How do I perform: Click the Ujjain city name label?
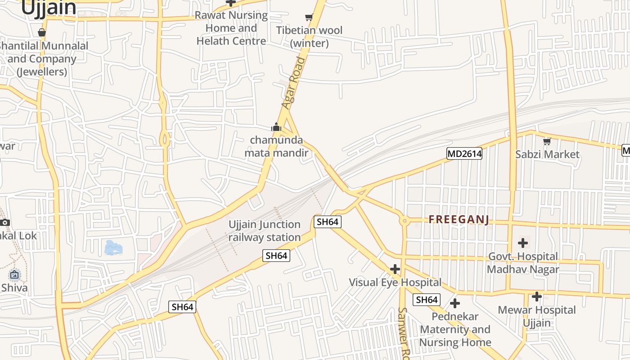pyautogui.click(x=49, y=8)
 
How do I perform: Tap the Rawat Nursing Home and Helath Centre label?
pyautogui.click(x=231, y=28)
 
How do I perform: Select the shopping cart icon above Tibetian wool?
pyautogui.click(x=309, y=18)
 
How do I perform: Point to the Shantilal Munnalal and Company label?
pyautogui.click(x=42, y=58)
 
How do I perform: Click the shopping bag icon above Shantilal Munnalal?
pyautogui.click(x=42, y=32)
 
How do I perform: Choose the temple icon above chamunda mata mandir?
pyautogui.click(x=276, y=127)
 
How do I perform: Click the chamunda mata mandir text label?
pyautogui.click(x=276, y=146)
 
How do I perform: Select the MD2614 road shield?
pyautogui.click(x=464, y=154)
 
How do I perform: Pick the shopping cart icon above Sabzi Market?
pyautogui.click(x=547, y=142)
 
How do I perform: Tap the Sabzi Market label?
pyautogui.click(x=547, y=154)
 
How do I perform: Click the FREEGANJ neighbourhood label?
pyautogui.click(x=459, y=220)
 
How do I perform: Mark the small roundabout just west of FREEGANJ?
pyautogui.click(x=405, y=220)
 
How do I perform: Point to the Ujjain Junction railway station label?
pyautogui.click(x=265, y=231)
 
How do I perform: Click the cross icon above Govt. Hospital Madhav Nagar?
pyautogui.click(x=522, y=243)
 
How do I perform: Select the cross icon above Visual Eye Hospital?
pyautogui.click(x=395, y=269)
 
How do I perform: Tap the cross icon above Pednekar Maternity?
pyautogui.click(x=455, y=303)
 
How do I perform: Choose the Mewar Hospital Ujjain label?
pyautogui.click(x=536, y=316)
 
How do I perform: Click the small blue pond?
pyautogui.click(x=112, y=247)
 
